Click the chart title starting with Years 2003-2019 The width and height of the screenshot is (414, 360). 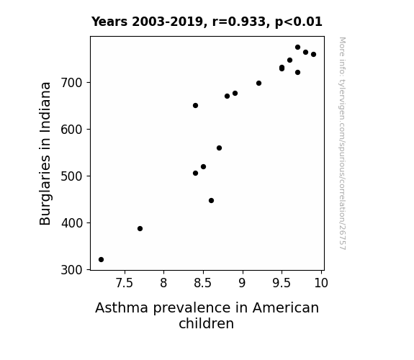pyautogui.click(x=207, y=22)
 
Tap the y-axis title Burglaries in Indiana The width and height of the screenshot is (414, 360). pyautogui.click(x=45, y=153)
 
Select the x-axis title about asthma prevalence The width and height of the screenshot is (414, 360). pyautogui.click(x=207, y=315)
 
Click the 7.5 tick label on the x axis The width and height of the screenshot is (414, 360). pyautogui.click(x=125, y=283)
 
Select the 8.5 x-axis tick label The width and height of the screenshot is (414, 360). pyautogui.click(x=203, y=283)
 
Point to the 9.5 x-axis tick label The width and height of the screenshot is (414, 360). pyautogui.click(x=282, y=283)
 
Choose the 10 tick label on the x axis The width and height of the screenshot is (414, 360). pyautogui.click(x=321, y=283)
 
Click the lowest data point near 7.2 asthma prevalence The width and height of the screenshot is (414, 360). pyautogui.click(x=101, y=260)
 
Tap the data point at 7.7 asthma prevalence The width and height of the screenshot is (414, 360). pyautogui.click(x=140, y=228)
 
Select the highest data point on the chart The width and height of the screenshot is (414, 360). pyautogui.click(x=297, y=48)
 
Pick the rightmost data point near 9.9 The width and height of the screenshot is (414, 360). pyautogui.click(x=313, y=55)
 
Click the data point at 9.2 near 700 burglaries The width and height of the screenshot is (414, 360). pyautogui.click(x=258, y=84)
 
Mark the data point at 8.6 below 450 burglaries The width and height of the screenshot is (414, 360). pyautogui.click(x=211, y=200)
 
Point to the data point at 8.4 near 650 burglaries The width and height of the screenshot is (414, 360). pyautogui.click(x=195, y=106)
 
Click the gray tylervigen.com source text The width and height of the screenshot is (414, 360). pyautogui.click(x=342, y=143)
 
